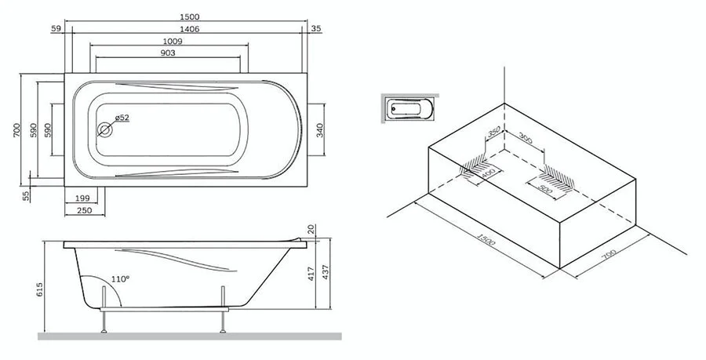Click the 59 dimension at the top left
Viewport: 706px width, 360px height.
tap(56, 29)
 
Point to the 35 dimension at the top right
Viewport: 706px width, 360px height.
tap(315, 29)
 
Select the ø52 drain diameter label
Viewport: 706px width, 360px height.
tap(122, 118)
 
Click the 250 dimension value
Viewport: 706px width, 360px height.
tap(85, 210)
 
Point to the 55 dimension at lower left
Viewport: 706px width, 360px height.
tap(26, 195)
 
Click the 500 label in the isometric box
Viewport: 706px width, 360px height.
tap(547, 188)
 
